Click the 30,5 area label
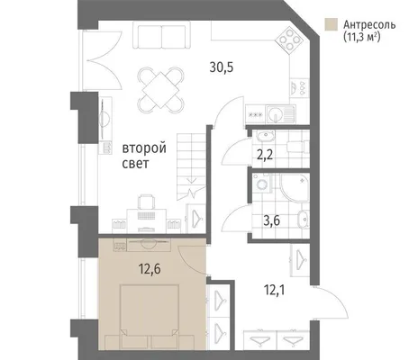[222, 67]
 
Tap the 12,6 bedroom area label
[150, 269]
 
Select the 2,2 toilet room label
[265, 156]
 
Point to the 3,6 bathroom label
[271, 220]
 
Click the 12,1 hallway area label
[274, 290]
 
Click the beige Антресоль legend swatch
[331, 24]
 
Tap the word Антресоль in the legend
[369, 24]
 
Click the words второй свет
[144, 156]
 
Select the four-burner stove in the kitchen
[288, 39]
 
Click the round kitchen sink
[275, 114]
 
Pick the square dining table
[161, 90]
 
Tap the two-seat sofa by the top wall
[161, 35]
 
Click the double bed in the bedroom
[150, 317]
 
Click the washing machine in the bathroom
[261, 183]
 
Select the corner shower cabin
[295, 187]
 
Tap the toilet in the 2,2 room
[298, 148]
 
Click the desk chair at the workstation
[147, 202]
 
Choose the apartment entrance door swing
[331, 302]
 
